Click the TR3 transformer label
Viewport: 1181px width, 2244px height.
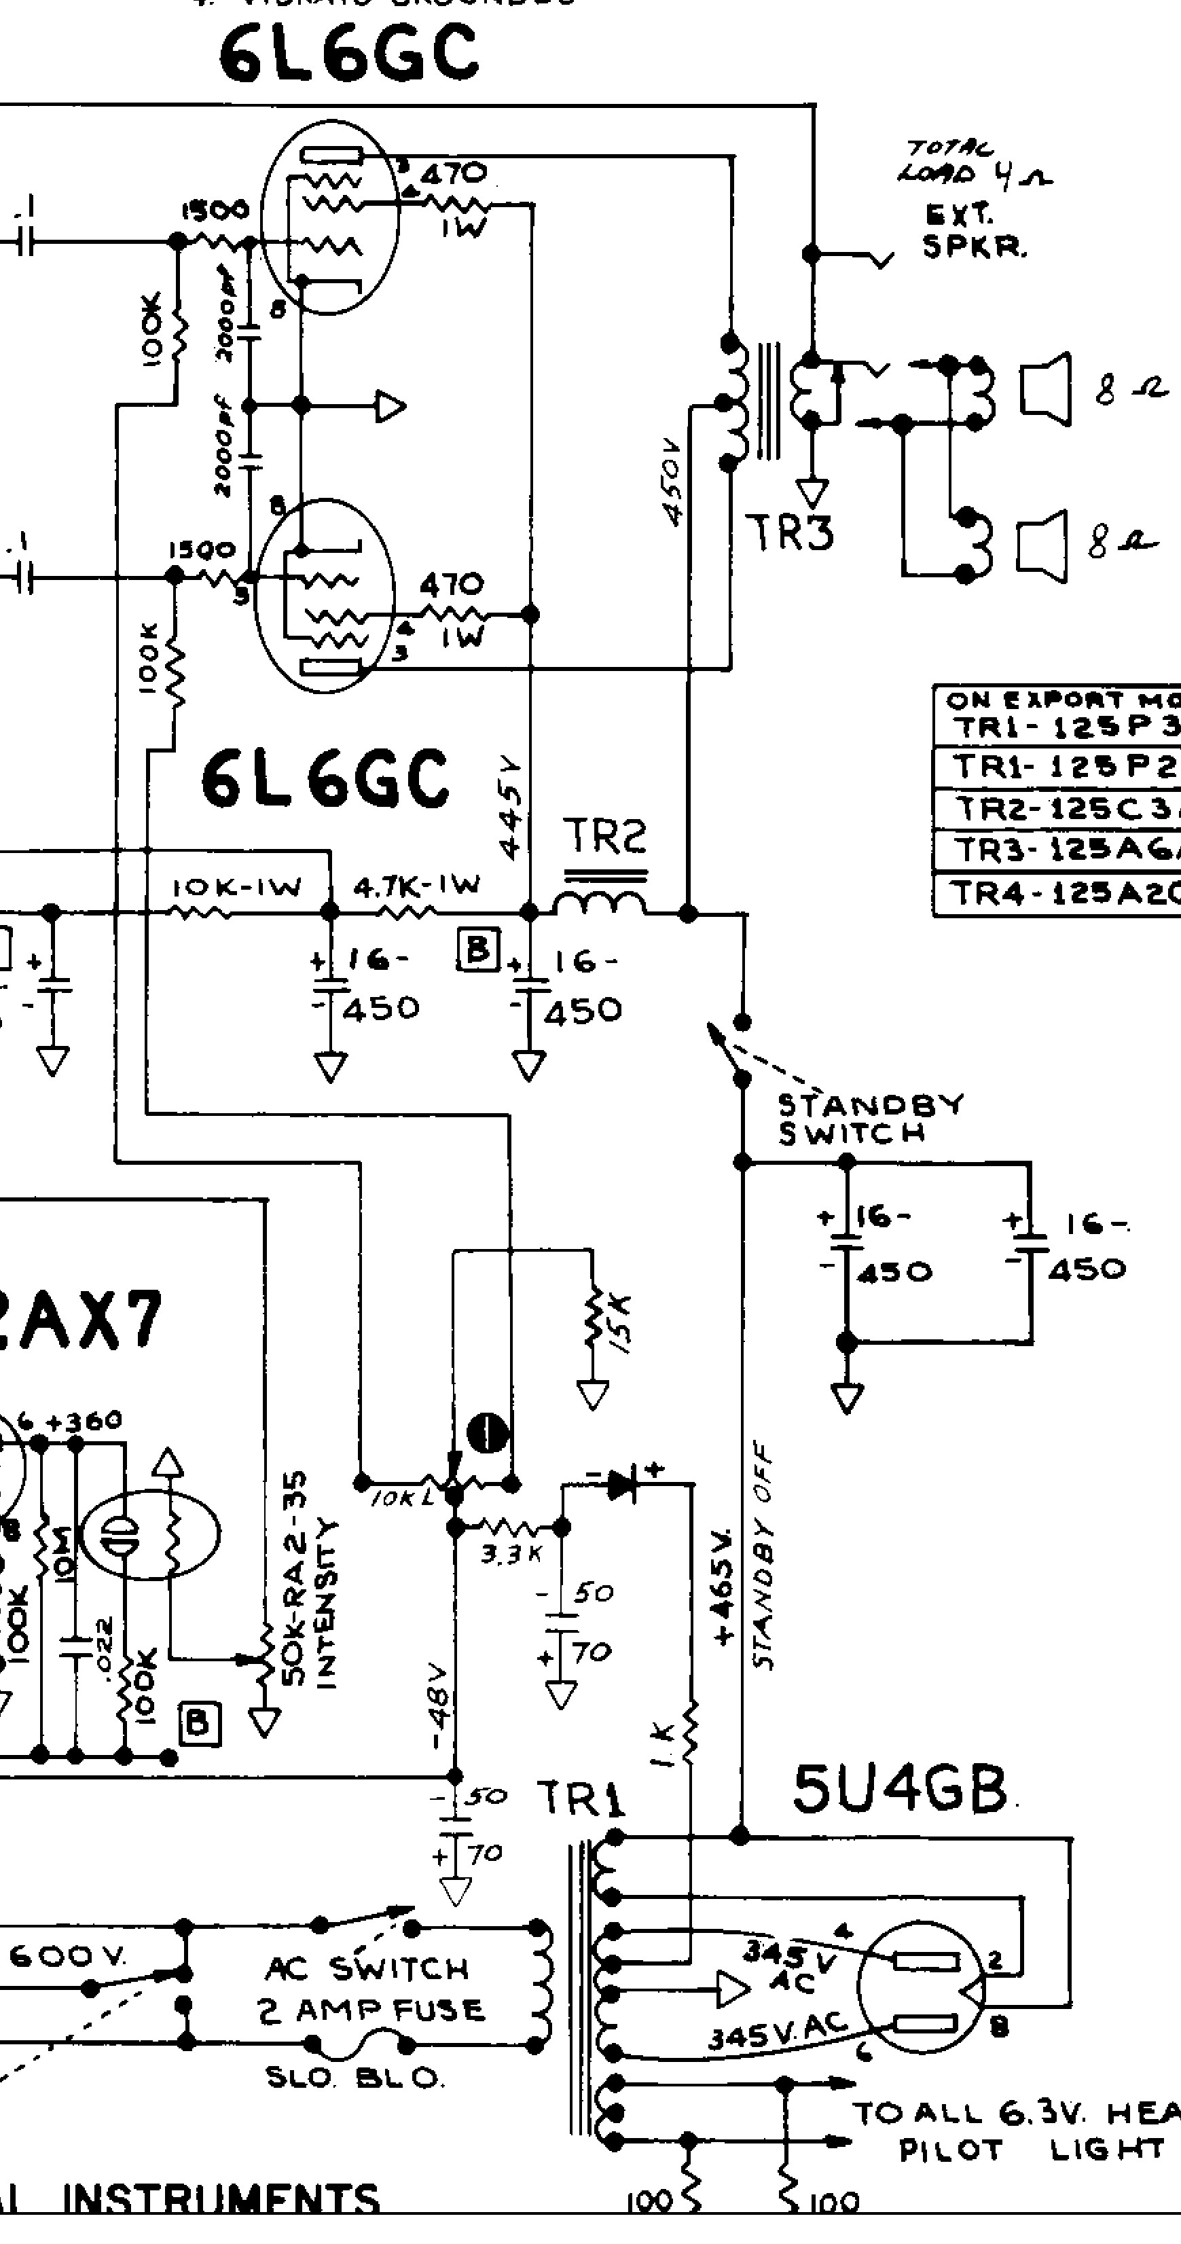(788, 532)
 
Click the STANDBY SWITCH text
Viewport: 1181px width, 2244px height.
(869, 1119)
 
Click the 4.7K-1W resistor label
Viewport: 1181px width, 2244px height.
(416, 886)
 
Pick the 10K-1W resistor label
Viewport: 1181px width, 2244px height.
(236, 888)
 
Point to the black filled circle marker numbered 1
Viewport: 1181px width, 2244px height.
(488, 1432)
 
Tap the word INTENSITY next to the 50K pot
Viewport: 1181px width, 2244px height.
(327, 1604)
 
